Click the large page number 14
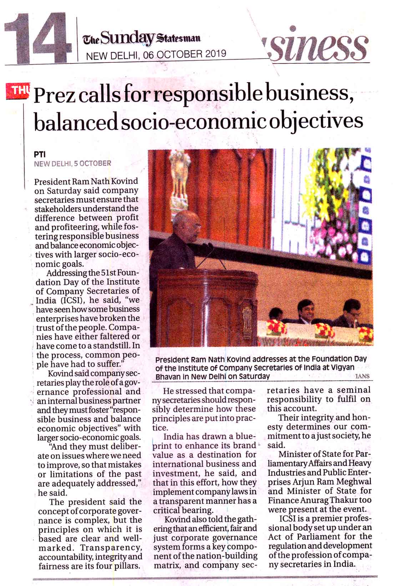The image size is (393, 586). click(37, 37)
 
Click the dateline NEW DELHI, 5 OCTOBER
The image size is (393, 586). click(72, 163)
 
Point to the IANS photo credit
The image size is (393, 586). click(362, 376)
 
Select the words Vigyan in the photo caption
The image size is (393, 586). click(342, 367)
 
